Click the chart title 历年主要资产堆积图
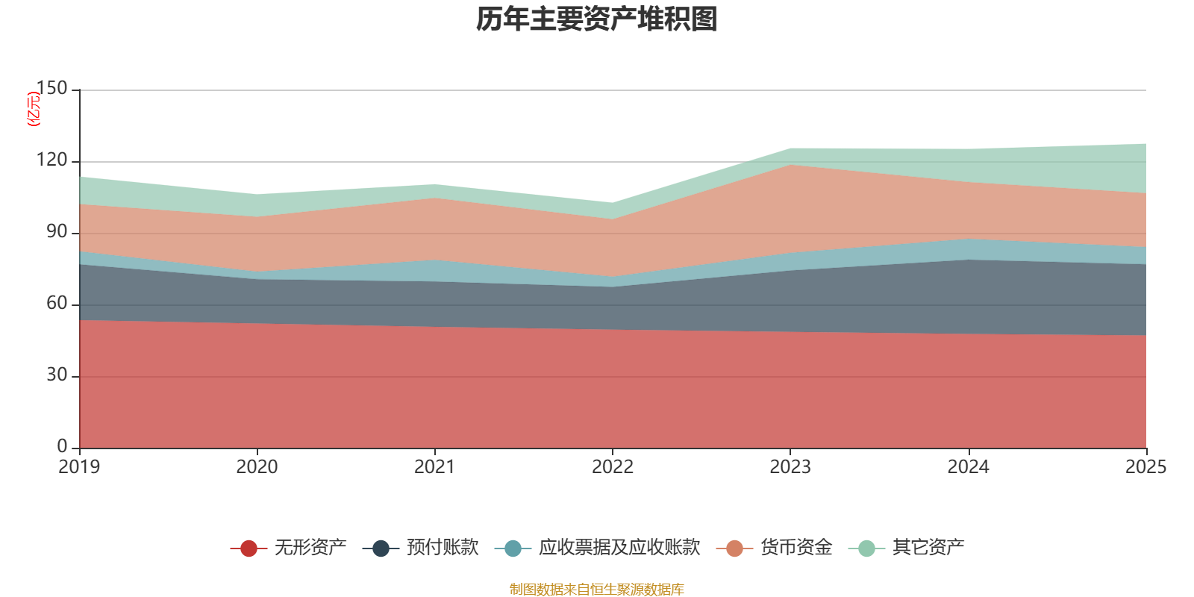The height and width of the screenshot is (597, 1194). click(x=597, y=19)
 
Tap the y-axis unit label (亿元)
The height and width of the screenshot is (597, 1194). click(x=34, y=109)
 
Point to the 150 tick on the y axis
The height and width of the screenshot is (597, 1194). click(x=51, y=89)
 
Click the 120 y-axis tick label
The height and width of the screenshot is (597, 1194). click(x=51, y=160)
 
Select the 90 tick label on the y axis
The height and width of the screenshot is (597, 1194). click(x=57, y=232)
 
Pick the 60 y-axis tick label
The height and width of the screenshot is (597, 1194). click(x=57, y=304)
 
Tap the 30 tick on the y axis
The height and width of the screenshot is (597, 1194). click(x=57, y=375)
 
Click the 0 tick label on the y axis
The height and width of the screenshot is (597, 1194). click(x=63, y=446)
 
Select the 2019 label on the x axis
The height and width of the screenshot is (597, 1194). click(x=79, y=467)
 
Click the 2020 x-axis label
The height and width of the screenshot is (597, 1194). click(x=257, y=467)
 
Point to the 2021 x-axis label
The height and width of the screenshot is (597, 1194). click(x=434, y=467)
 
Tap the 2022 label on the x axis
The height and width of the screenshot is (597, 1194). click(x=612, y=467)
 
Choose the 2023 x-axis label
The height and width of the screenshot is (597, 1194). click(x=790, y=467)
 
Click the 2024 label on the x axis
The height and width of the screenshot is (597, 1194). click(x=968, y=467)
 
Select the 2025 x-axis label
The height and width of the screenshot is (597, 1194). click(x=1145, y=467)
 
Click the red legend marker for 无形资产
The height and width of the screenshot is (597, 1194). click(x=249, y=548)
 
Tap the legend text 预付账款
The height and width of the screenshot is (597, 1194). click(x=443, y=548)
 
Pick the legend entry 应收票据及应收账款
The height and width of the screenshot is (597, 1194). click(x=619, y=548)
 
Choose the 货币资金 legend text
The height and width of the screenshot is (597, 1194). click(x=796, y=548)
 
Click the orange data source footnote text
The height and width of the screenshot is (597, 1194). click(x=597, y=590)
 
